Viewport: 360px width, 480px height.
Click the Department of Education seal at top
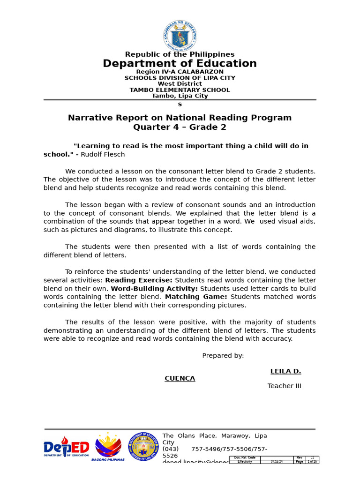tap(180, 36)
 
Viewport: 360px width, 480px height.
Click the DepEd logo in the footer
tap(66, 448)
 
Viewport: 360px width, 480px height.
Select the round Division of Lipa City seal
tap(143, 447)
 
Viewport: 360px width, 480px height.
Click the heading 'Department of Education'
tap(180, 64)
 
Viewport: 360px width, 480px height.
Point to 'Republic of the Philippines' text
tap(180, 54)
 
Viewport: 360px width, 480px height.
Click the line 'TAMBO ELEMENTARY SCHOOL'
tap(180, 90)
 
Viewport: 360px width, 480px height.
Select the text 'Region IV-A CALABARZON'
tap(180, 72)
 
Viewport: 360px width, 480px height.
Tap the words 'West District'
tap(180, 84)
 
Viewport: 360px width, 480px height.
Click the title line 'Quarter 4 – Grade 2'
tap(180, 127)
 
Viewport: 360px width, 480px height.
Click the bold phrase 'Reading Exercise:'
tap(139, 280)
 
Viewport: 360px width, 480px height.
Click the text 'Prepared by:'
tap(223, 356)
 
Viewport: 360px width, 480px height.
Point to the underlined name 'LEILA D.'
tap(285, 371)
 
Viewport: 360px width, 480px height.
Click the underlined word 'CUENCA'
tap(180, 379)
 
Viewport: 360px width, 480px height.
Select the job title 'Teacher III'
tap(284, 386)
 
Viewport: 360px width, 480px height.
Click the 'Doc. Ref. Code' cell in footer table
tap(245, 457)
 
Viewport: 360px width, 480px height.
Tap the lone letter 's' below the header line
tap(180, 105)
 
